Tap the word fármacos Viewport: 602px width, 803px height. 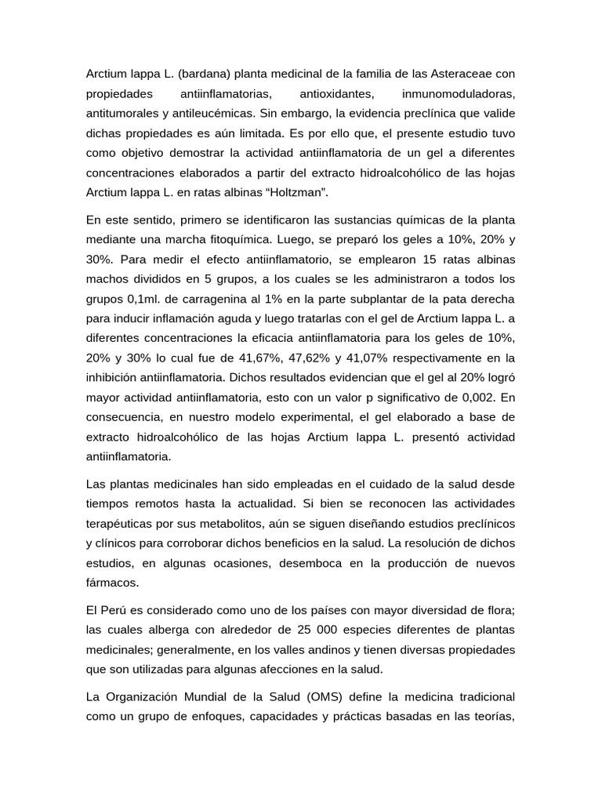[x=111, y=583]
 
